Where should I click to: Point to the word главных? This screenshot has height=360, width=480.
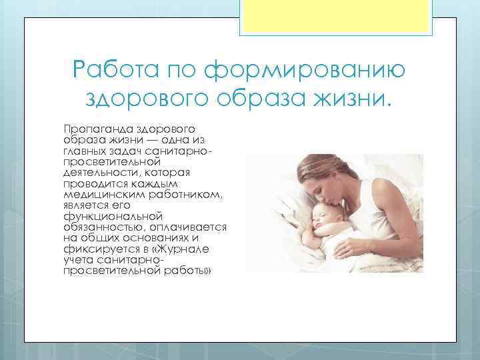tap(81, 153)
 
